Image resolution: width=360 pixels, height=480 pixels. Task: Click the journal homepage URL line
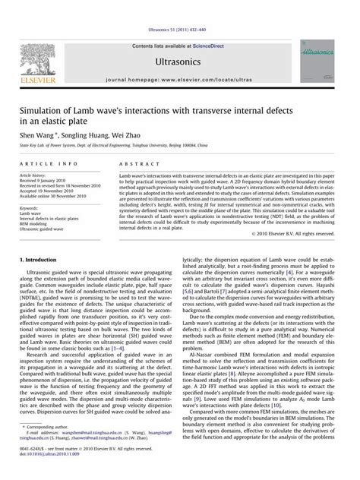point(179,77)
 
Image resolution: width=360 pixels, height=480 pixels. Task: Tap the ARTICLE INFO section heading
point(48,163)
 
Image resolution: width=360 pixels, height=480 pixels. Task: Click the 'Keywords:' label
point(30,207)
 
